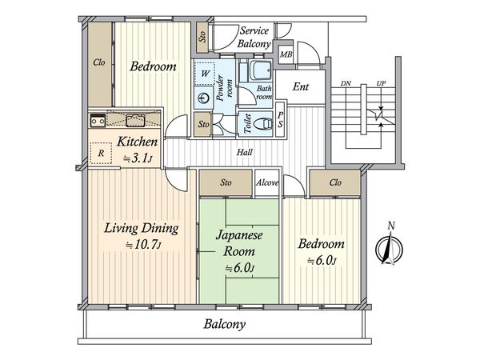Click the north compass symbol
[x=390, y=248]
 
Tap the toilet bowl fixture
[x=262, y=124]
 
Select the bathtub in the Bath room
[x=260, y=70]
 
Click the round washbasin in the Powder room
[x=203, y=98]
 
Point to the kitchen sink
[x=135, y=120]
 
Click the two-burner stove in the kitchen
[x=98, y=120]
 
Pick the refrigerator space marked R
[x=101, y=153]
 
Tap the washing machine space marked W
[x=205, y=73]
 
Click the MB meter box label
[x=286, y=54]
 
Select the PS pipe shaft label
[x=281, y=119]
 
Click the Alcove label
[x=267, y=182]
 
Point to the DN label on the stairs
[x=346, y=83]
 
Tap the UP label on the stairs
[x=381, y=83]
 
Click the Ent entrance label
[x=301, y=86]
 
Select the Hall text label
[x=245, y=152]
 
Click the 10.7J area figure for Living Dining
[x=144, y=245]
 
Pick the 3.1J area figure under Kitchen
[x=138, y=158]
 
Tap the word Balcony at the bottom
[x=225, y=324]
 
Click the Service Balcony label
[x=254, y=37]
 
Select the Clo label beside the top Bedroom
[x=99, y=62]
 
